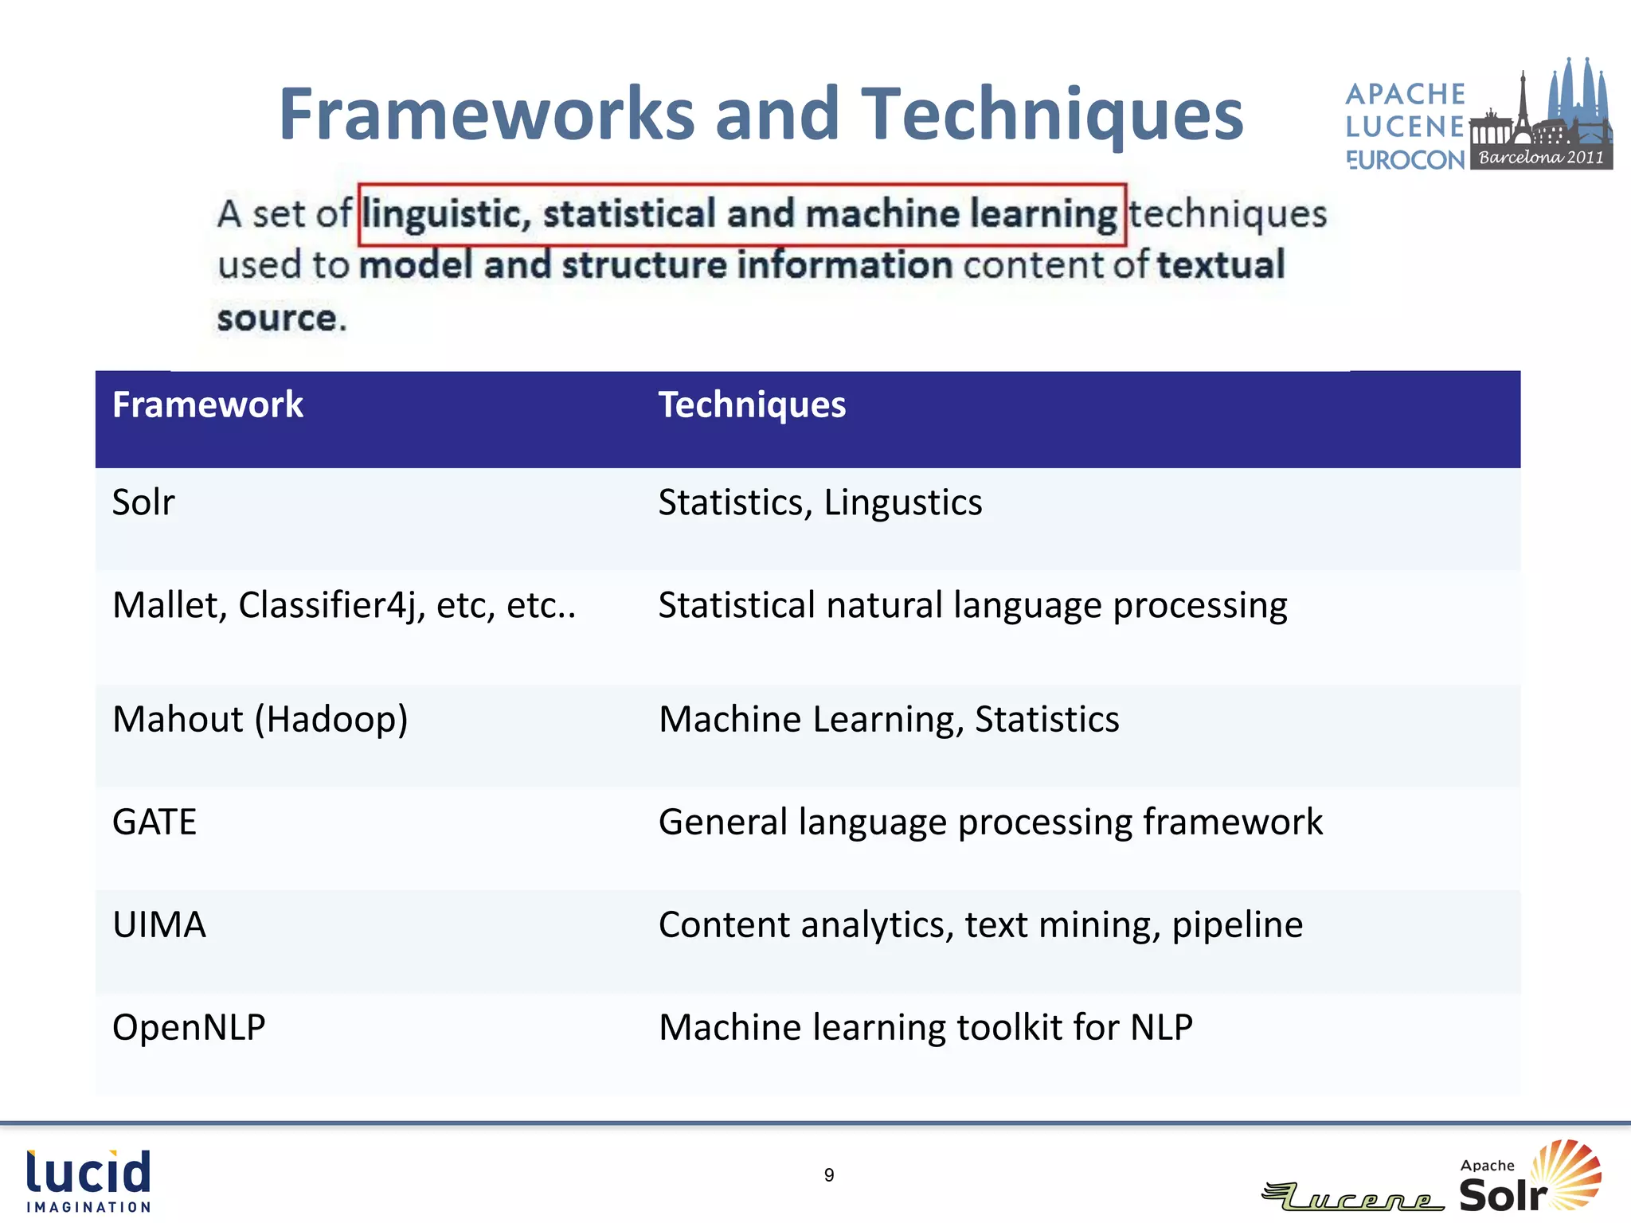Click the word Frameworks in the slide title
488,115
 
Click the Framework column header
207,405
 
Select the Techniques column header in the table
751,405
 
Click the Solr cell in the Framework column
143,503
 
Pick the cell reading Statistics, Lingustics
819,503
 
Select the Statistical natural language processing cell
972,606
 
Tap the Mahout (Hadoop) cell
260,720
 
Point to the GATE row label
154,822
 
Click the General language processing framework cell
990,822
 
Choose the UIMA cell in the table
159,925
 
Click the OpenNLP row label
189,1028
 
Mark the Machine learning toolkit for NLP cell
925,1028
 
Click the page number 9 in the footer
829,1176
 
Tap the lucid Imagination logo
88,1181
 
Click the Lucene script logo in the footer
1354,1197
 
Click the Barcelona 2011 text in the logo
1541,158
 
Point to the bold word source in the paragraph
277,318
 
